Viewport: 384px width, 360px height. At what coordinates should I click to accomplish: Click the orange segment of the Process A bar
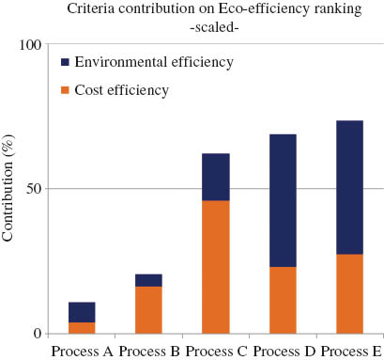coord(82,327)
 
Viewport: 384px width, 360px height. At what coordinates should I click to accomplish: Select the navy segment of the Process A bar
coord(82,312)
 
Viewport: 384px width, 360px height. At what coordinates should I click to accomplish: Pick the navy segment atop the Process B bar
coord(148,280)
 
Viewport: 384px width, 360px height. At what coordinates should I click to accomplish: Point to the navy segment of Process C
coord(216,177)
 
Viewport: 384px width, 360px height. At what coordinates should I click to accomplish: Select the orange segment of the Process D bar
coord(283,300)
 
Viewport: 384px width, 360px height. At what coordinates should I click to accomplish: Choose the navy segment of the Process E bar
coord(349,187)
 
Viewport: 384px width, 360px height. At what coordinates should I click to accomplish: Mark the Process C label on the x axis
coord(216,351)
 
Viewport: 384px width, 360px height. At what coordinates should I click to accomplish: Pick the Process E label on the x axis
coord(349,351)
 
